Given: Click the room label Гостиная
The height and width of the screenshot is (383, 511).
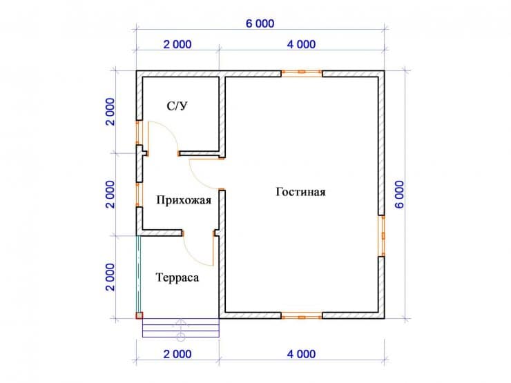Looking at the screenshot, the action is click(300, 192).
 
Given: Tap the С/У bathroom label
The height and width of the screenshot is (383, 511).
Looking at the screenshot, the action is click(177, 106).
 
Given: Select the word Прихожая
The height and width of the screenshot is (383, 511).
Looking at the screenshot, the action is click(184, 200).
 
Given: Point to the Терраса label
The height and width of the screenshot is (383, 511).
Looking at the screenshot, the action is click(177, 277).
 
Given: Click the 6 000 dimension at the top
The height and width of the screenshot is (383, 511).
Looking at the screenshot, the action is click(260, 23).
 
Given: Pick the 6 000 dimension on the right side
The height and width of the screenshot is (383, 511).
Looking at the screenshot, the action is click(399, 195).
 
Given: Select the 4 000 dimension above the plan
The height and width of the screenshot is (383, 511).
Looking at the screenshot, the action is click(301, 44).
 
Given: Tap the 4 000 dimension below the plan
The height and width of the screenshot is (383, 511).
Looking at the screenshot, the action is click(301, 354).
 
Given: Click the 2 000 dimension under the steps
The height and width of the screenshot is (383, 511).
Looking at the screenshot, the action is click(177, 354).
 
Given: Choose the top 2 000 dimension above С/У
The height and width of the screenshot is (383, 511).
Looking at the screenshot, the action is click(177, 44).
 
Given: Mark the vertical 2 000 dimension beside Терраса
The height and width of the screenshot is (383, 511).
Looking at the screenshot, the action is click(110, 277).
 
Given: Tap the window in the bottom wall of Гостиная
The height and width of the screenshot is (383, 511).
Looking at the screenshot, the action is click(302, 316).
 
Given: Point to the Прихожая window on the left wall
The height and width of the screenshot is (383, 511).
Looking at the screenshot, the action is click(139, 195).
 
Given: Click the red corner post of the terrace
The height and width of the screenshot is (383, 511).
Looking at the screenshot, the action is click(139, 315).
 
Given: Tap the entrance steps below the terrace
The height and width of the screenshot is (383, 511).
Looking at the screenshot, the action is click(181, 328).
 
